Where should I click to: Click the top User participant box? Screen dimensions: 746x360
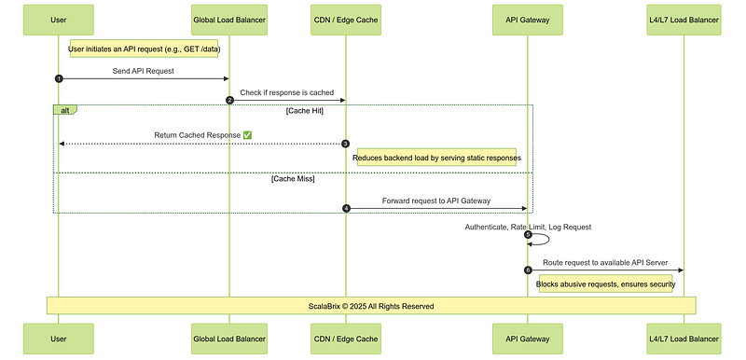tap(59, 20)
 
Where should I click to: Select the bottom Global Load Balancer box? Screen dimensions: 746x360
tap(229, 339)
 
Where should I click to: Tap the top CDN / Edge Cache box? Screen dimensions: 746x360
tap(346, 20)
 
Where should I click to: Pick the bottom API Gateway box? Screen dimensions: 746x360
tap(528, 339)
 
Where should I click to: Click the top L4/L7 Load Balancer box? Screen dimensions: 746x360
tap(684, 20)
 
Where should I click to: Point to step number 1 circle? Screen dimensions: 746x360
tap(59, 79)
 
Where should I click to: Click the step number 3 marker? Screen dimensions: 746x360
tap(346, 144)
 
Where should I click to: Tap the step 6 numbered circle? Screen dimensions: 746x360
tap(528, 270)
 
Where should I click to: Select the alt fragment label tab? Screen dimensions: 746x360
tap(64, 110)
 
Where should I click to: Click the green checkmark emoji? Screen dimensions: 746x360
tap(247, 135)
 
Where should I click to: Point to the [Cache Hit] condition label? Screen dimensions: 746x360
tap(305, 111)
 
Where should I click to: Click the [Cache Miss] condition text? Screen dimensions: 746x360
tap(293, 179)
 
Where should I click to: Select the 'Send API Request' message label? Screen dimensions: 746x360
tap(144, 71)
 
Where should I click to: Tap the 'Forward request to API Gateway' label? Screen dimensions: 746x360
tap(436, 201)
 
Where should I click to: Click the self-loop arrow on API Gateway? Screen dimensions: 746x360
tap(548, 239)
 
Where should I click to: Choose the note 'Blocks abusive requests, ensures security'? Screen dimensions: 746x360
tap(605, 284)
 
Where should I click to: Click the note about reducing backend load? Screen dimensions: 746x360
tap(436, 158)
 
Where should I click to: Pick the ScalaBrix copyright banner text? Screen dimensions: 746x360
tap(371, 306)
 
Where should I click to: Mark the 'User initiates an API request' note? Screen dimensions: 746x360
tap(145, 48)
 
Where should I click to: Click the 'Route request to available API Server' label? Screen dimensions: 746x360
tap(605, 262)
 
